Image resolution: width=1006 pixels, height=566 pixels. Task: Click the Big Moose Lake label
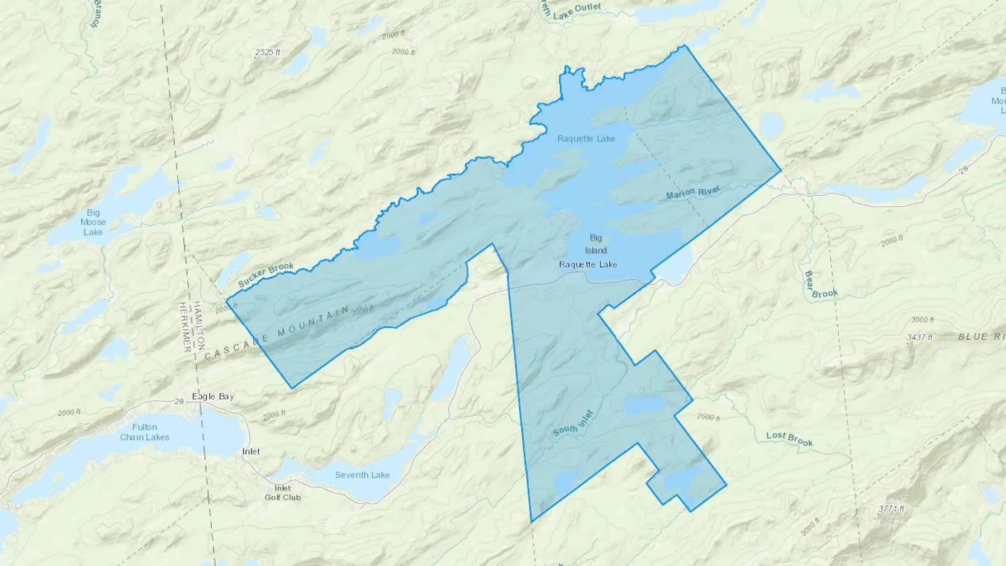click(x=93, y=222)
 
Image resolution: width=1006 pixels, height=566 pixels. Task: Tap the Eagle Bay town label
click(x=213, y=397)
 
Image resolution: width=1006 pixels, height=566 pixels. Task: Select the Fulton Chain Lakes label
click(x=145, y=432)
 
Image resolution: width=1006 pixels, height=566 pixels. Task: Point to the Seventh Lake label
click(x=362, y=475)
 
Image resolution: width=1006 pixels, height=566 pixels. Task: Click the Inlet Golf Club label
click(x=282, y=493)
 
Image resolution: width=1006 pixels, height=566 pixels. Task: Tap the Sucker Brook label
click(x=265, y=274)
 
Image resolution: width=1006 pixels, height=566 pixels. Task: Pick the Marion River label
click(x=693, y=193)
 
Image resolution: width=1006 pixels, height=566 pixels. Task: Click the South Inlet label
click(x=573, y=423)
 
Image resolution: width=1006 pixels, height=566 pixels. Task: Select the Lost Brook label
click(x=789, y=439)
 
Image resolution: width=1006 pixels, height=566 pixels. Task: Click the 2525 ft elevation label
click(x=268, y=53)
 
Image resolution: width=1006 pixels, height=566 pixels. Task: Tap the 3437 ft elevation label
click(x=919, y=337)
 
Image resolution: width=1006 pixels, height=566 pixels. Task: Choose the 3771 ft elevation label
click(x=891, y=508)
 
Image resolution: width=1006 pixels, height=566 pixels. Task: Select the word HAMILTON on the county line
click(x=199, y=326)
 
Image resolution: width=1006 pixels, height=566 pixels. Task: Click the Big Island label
click(x=596, y=244)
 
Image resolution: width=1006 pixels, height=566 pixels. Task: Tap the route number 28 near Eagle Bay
click(x=179, y=401)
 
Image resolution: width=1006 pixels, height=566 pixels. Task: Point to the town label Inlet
click(x=251, y=451)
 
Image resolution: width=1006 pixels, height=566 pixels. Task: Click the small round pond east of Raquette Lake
click(x=772, y=126)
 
